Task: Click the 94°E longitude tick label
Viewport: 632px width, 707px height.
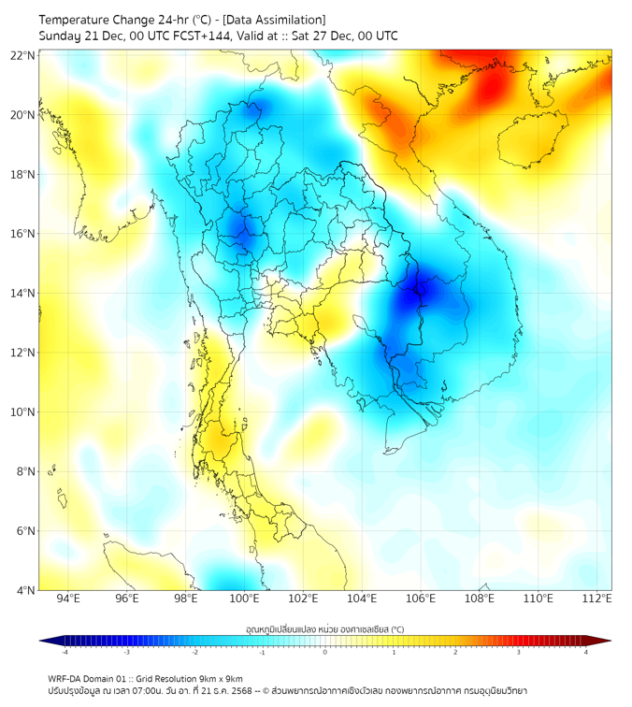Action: coord(69,599)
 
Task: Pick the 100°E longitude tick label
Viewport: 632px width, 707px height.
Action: coord(245,599)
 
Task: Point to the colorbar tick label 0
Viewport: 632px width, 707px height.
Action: coord(325,652)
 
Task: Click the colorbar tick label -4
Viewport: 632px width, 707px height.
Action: coord(64,652)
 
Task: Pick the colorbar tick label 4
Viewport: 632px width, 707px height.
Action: coord(586,652)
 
